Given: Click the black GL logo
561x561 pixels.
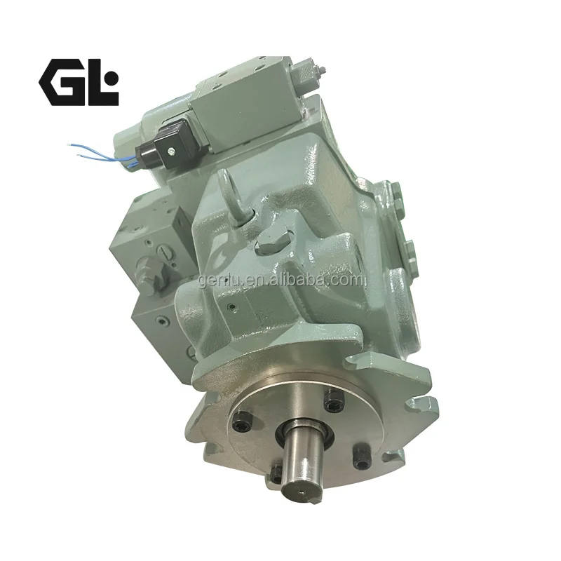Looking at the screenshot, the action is tap(79, 82).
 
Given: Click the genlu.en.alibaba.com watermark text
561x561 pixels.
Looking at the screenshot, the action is tap(281, 280).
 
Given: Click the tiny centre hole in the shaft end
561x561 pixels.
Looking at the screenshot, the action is tap(302, 493).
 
